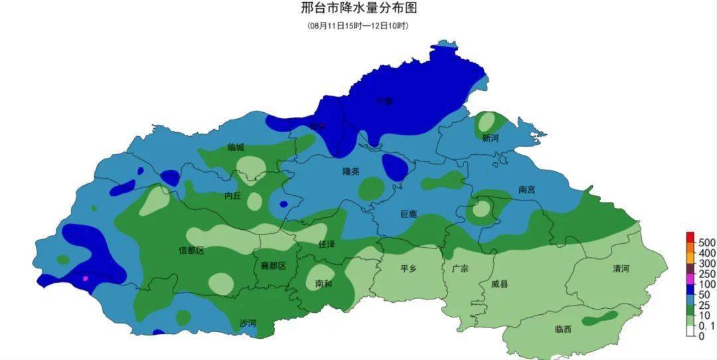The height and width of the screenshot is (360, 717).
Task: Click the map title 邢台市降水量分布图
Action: [358, 9]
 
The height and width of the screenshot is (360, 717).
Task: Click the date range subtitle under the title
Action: [358, 26]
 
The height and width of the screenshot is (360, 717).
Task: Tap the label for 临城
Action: [236, 147]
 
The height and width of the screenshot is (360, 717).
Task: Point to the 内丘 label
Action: [232, 195]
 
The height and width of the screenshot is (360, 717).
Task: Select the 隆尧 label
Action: [351, 171]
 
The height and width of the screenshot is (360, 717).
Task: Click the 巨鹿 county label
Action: [409, 214]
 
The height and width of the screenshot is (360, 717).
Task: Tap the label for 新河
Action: [491, 138]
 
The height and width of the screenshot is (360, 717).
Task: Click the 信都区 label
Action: [191, 250]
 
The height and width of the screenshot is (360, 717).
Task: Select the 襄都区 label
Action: [273, 266]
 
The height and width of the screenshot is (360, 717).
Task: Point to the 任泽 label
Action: [327, 244]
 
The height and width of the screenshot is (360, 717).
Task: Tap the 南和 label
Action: [323, 284]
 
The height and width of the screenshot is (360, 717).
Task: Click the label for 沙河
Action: [248, 323]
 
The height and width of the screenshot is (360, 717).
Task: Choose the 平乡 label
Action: [409, 269]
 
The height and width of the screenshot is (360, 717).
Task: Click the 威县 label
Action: [500, 284]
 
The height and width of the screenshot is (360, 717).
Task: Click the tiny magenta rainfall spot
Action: [85, 278]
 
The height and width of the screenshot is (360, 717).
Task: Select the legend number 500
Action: [706, 241]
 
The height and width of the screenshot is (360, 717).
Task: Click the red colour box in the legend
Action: [690, 237]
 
